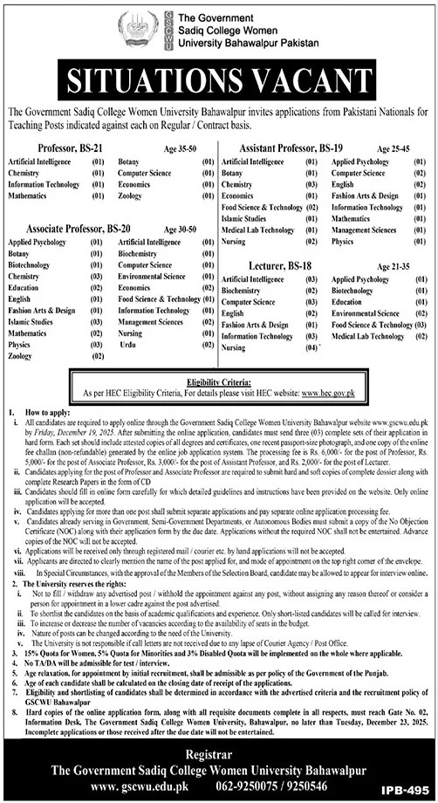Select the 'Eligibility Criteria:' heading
[x=219, y=383]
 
